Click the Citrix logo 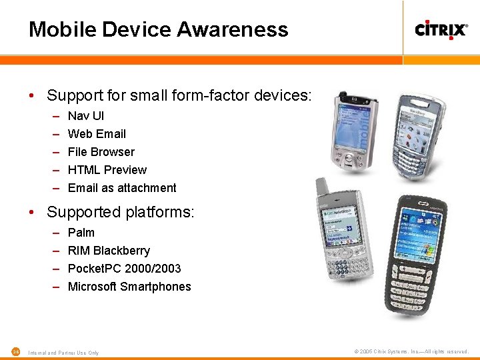pos(441,29)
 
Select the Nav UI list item pos(86,116)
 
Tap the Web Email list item pos(97,134)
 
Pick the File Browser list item pos(101,152)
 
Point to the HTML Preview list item pos(107,170)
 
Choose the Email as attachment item pos(122,188)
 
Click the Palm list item pos(81,233)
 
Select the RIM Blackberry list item pos(109,251)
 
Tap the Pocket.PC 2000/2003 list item pos(125,269)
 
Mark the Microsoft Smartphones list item pos(129,287)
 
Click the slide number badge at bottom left pos(16,351)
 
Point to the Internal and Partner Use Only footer pos(64,353)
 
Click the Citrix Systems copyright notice pos(411,351)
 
